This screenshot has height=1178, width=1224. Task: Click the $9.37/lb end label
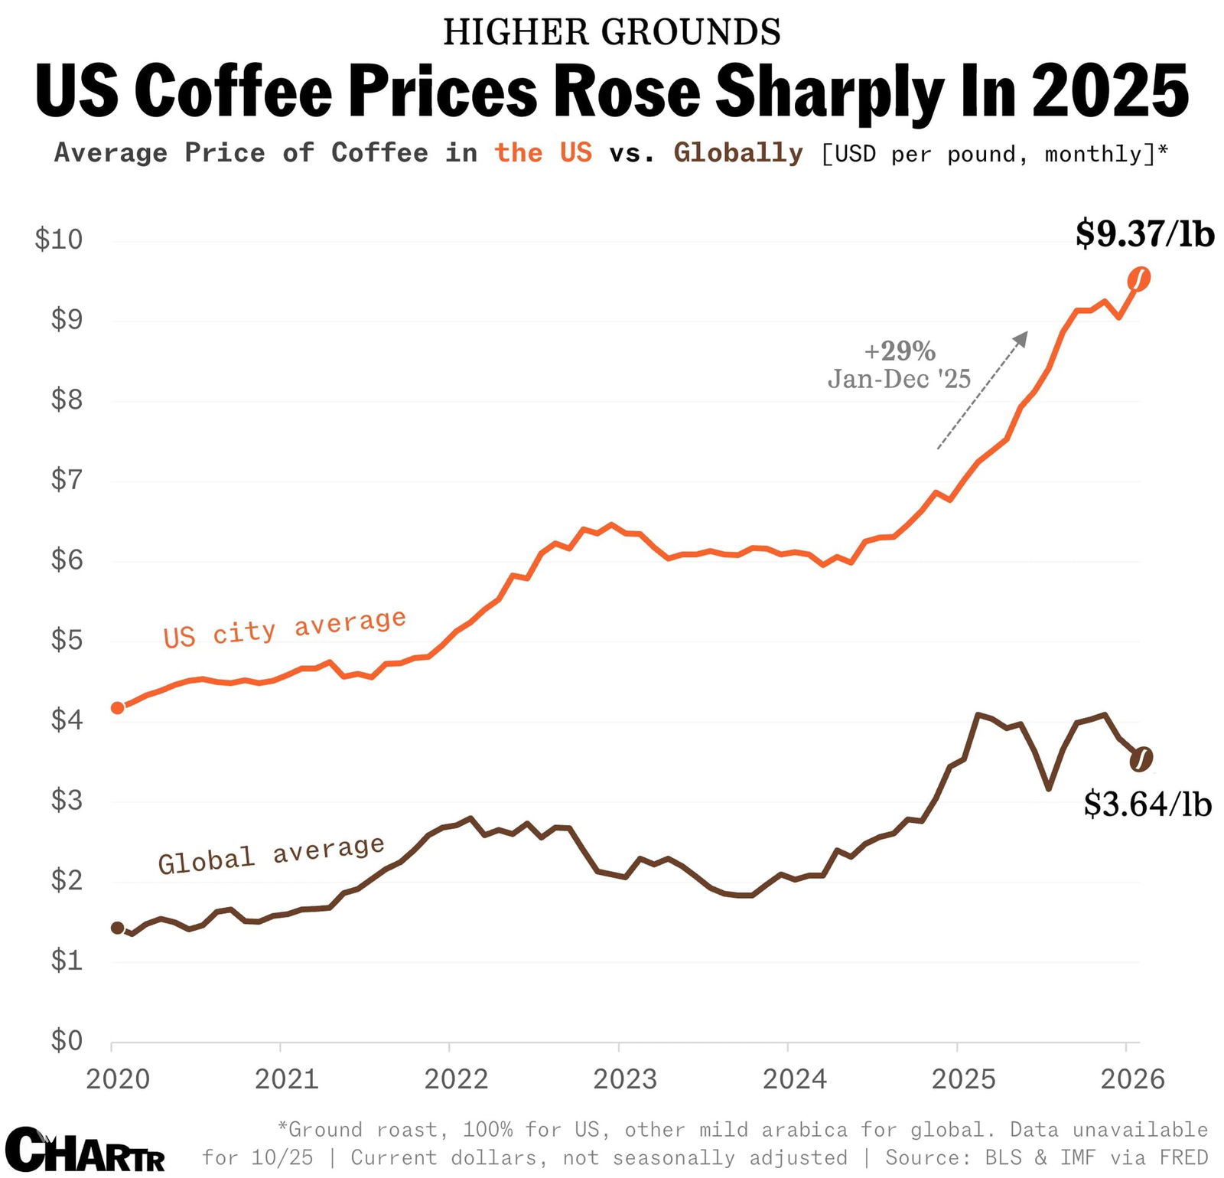coord(1144,233)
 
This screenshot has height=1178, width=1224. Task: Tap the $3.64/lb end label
coord(1147,804)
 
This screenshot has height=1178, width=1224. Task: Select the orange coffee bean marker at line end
coord(1139,279)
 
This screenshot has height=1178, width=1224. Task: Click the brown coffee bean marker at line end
coord(1141,759)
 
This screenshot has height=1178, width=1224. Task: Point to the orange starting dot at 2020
coord(118,708)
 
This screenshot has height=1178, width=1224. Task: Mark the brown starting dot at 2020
coord(118,928)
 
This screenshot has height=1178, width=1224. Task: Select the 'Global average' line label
coord(271,854)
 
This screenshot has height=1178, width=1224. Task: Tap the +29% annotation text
coord(900,351)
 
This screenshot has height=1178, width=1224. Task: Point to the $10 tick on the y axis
coord(59,240)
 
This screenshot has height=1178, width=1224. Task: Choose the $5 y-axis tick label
coord(66,640)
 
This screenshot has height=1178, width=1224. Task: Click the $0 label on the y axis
coord(66,1040)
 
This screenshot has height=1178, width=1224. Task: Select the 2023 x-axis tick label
coord(625,1079)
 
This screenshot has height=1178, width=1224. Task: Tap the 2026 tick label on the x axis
coord(1132,1079)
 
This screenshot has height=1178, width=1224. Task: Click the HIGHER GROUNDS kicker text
coord(612,32)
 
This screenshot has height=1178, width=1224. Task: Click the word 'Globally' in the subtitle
coord(738,153)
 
